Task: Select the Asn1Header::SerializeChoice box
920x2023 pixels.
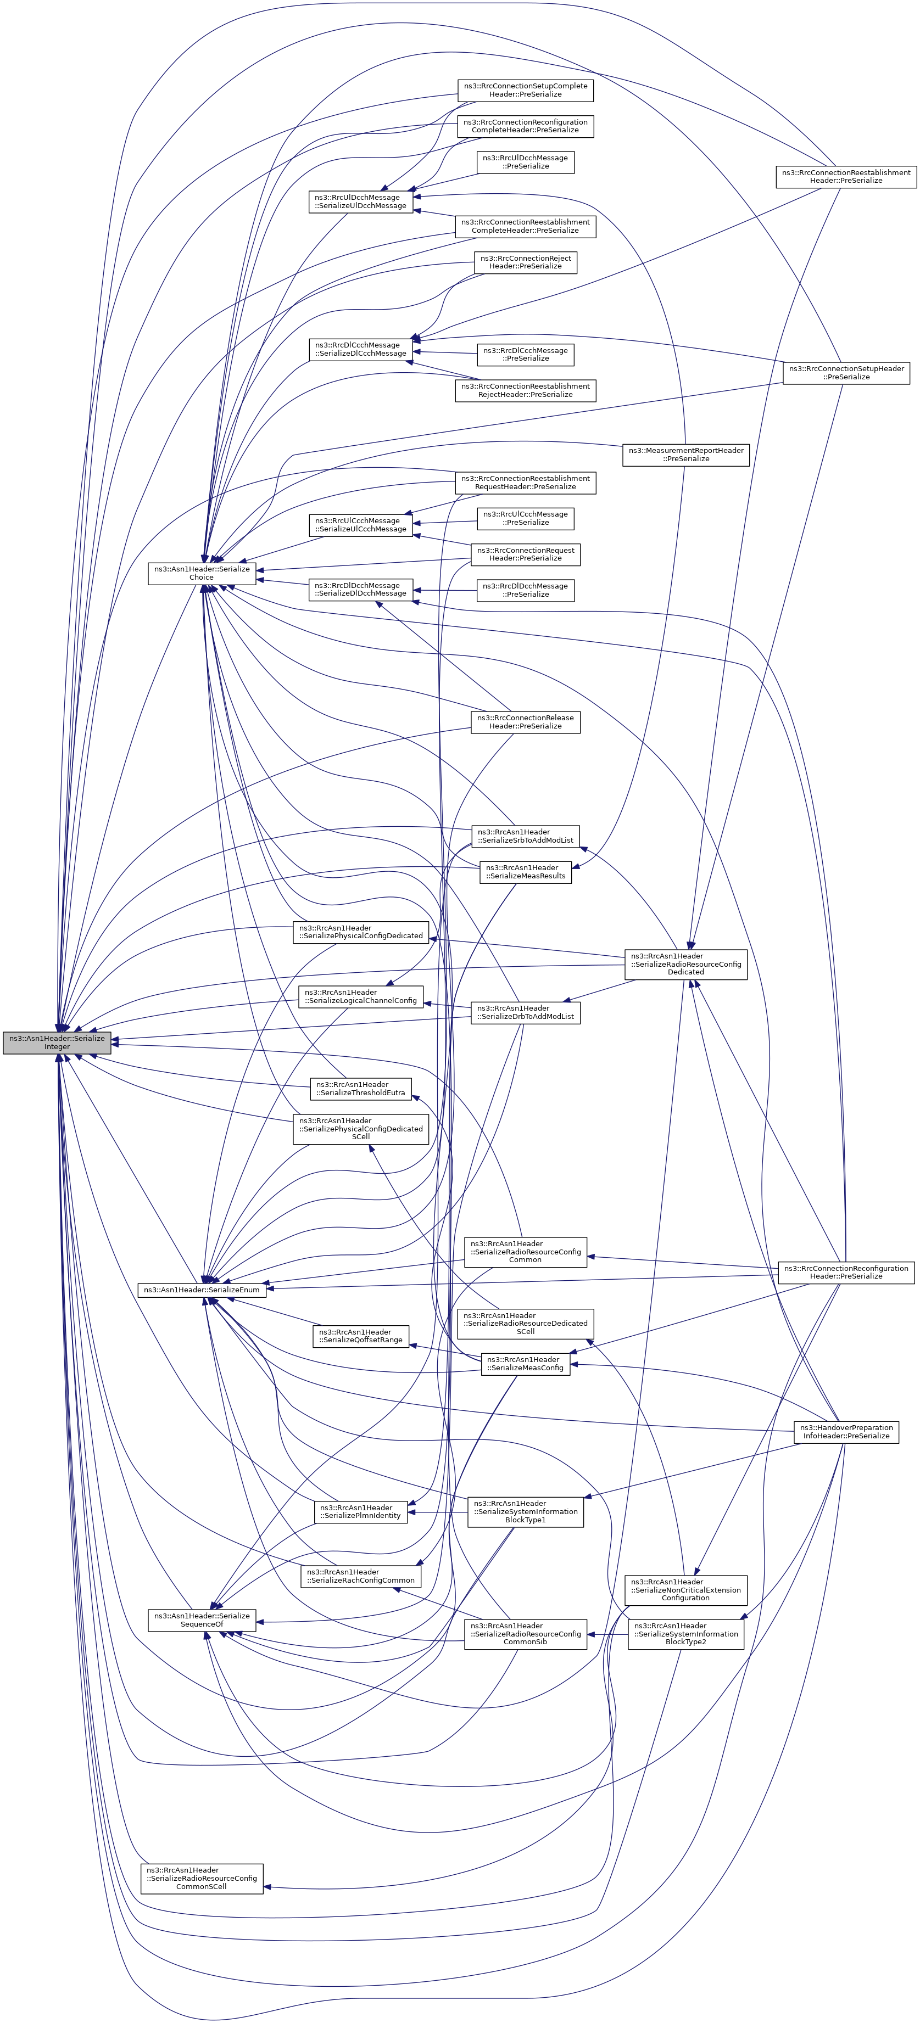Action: pyautogui.click(x=202, y=573)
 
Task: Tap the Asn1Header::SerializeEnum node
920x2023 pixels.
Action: pyautogui.click(x=202, y=1290)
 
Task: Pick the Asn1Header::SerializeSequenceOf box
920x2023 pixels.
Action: pyautogui.click(x=202, y=1619)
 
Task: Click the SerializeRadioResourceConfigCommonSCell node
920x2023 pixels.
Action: pyautogui.click(x=202, y=1879)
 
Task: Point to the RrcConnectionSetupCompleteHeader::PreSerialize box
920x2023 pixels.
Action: pyautogui.click(x=525, y=91)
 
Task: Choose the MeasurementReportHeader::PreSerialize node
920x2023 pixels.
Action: pyautogui.click(x=686, y=455)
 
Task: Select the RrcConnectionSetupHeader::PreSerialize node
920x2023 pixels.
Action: pyautogui.click(x=846, y=372)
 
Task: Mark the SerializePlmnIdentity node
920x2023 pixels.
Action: pyautogui.click(x=361, y=1512)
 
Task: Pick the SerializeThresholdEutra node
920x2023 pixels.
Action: pyautogui.click(x=361, y=1089)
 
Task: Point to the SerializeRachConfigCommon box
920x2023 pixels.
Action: pyautogui.click(x=361, y=1576)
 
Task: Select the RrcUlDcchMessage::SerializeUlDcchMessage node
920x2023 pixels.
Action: pyautogui.click(x=361, y=202)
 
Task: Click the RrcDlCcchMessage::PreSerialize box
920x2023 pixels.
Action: pyautogui.click(x=525, y=354)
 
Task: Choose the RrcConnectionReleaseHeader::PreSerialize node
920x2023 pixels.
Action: pyautogui.click(x=525, y=722)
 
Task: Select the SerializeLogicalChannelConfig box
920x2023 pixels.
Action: pyautogui.click(x=361, y=996)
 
